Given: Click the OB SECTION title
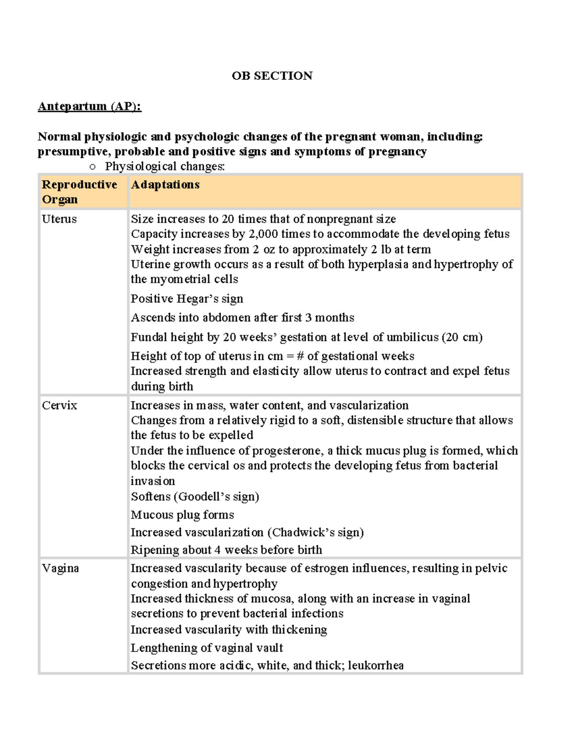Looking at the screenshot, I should [272, 76].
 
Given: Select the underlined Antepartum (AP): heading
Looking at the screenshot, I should [89, 106].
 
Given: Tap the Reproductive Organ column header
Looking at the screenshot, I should [79, 192].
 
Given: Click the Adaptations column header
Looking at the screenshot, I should [165, 185].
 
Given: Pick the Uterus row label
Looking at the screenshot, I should [59, 219].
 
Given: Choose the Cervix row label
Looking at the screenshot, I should [59, 405].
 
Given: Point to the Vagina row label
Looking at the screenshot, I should [60, 568].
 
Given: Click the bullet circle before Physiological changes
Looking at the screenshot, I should [93, 166].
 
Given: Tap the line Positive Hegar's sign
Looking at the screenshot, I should [187, 299].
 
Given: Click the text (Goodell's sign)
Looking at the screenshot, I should [216, 497].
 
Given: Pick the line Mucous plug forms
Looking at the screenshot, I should [182, 515].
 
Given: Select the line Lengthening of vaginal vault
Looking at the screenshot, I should [207, 648].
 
